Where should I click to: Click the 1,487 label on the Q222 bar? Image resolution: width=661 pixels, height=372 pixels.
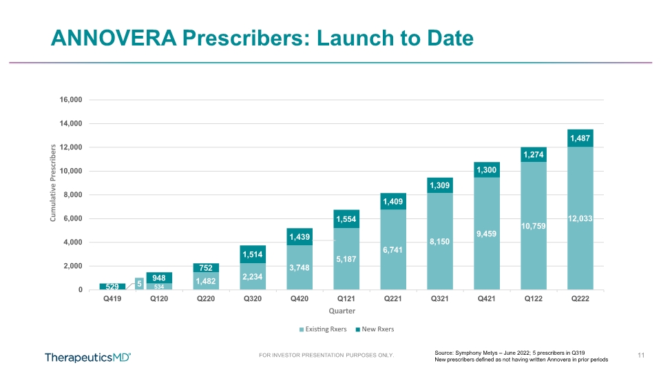tap(580, 138)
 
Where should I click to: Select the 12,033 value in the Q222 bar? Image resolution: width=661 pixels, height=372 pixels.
tap(580, 218)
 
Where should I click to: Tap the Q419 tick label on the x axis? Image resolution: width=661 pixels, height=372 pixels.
tap(112, 298)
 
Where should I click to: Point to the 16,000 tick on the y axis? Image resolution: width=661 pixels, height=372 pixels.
tap(71, 99)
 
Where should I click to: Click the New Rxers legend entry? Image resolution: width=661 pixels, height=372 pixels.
tap(375, 329)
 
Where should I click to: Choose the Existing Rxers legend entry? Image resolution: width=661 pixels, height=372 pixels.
tap(323, 329)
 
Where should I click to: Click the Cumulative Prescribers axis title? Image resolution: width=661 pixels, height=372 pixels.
tap(53, 183)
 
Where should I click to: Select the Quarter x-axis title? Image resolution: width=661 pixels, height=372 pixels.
tap(342, 311)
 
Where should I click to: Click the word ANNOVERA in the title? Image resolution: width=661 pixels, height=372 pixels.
tap(114, 37)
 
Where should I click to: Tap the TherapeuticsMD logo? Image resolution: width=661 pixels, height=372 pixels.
tap(87, 358)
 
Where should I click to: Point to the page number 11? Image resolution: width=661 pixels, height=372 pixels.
tap(641, 355)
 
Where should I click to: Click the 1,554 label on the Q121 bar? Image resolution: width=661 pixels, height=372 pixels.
tap(346, 219)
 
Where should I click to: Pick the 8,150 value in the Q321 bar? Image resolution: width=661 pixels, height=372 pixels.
tap(440, 242)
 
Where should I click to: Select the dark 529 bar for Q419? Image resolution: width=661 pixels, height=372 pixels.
tap(112, 287)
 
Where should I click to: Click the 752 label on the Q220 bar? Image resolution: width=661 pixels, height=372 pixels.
tap(206, 268)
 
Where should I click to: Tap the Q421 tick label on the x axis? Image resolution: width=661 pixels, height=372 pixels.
tap(487, 298)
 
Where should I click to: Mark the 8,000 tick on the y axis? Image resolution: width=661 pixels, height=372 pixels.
tap(73, 195)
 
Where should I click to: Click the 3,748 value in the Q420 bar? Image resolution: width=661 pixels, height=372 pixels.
tap(300, 268)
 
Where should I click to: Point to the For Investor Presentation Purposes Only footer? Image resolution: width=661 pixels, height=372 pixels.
tap(326, 355)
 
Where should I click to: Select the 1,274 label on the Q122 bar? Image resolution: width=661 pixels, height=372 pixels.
tap(533, 155)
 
